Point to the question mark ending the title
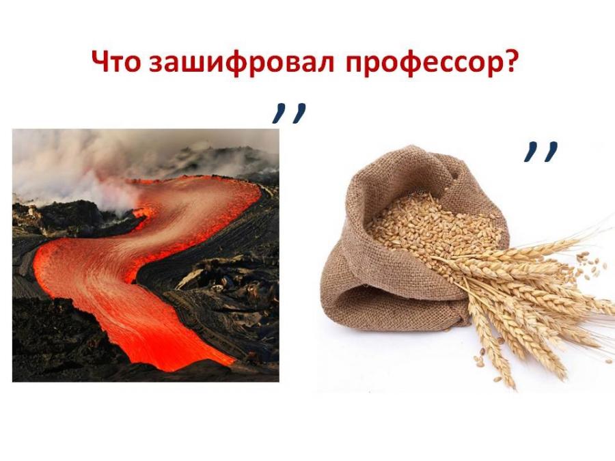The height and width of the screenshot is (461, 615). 511,61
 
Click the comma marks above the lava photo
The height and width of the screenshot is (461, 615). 289,113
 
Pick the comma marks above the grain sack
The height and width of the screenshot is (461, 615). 541,152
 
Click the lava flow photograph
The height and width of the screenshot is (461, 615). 146,255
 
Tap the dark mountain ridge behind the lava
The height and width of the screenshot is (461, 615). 219,160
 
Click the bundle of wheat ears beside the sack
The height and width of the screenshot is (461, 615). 530,298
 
